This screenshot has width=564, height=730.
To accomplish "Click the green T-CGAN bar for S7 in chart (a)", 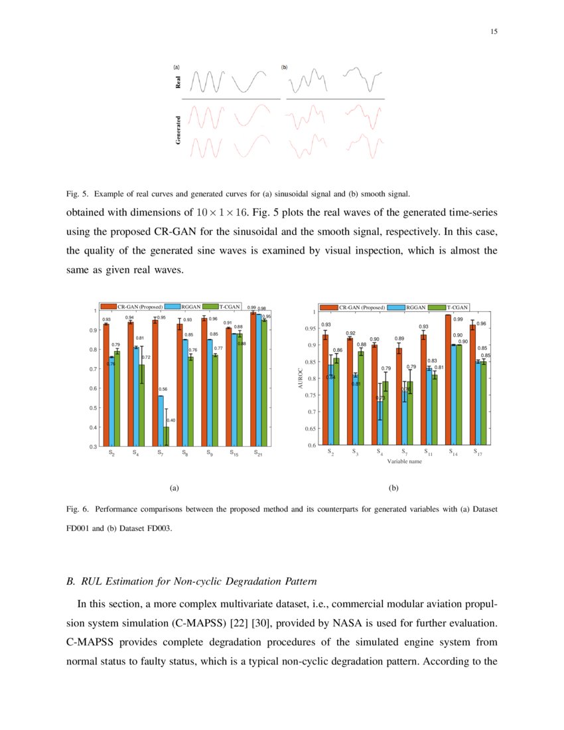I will pyautogui.click(x=167, y=436).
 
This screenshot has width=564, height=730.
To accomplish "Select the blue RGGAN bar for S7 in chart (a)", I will pyautogui.click(x=161, y=421).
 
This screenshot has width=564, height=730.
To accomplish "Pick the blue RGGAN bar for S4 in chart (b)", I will pyautogui.click(x=380, y=423).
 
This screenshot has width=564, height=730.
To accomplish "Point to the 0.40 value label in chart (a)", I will pyautogui.click(x=171, y=420).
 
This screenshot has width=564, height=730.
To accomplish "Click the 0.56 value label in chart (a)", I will pyautogui.click(x=163, y=389).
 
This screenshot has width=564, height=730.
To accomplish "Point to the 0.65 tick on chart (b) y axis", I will pyautogui.click(x=310, y=429).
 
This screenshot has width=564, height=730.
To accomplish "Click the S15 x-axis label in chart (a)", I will pyautogui.click(x=234, y=454).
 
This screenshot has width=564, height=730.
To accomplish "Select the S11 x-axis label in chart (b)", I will pyautogui.click(x=429, y=453).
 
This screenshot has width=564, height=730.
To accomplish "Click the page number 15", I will pyautogui.click(x=494, y=32).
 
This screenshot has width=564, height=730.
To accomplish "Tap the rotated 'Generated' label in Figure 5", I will pyautogui.click(x=178, y=130).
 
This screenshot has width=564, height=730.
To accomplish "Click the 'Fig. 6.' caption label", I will pyautogui.click(x=77, y=509).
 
